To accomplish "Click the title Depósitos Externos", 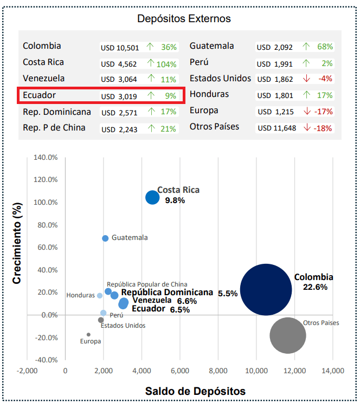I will (184, 19).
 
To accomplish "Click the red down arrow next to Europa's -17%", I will (307, 112).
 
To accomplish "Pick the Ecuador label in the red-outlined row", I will (40, 95).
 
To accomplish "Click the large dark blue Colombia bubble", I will (265, 289).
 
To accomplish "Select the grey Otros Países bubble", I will (288, 335).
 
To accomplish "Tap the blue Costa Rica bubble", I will (152, 198).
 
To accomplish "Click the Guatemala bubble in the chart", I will (105, 238).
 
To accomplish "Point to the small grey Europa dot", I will (88, 335).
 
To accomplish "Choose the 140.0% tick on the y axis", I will (46, 158).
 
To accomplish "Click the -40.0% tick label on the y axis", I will (46, 360).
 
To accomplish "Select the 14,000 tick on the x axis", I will (333, 371).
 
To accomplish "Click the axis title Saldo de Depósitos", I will (195, 391).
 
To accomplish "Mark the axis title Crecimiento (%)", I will (17, 244).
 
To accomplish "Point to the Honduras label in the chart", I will (81, 296).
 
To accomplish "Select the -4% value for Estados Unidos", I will (325, 79).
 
